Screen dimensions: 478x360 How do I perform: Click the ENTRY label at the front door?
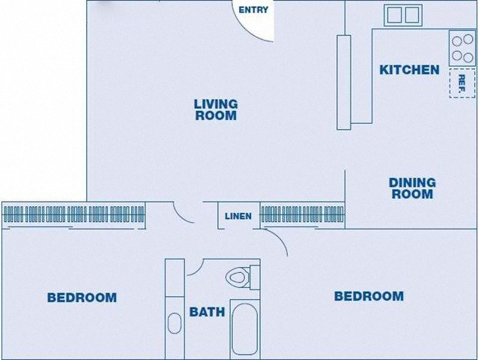[253, 10]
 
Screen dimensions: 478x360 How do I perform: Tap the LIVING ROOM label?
[216, 109]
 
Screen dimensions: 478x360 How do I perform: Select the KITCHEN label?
[409, 70]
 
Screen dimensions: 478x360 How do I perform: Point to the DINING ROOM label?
[412, 188]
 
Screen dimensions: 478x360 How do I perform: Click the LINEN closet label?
[238, 216]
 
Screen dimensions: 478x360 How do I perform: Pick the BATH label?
[207, 312]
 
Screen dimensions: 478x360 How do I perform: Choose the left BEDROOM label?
[82, 298]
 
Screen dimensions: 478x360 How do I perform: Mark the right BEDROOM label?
[369, 296]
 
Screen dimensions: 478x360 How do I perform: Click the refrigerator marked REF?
[462, 83]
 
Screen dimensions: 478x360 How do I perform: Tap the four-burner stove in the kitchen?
[462, 48]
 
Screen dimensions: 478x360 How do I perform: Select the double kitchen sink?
[403, 15]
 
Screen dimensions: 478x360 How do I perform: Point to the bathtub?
[245, 329]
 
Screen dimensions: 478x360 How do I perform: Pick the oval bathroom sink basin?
[175, 323]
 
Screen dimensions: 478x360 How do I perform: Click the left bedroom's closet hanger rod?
[73, 214]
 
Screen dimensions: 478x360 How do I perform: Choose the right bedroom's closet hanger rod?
[303, 214]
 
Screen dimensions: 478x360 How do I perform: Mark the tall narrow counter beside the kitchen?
[344, 82]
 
